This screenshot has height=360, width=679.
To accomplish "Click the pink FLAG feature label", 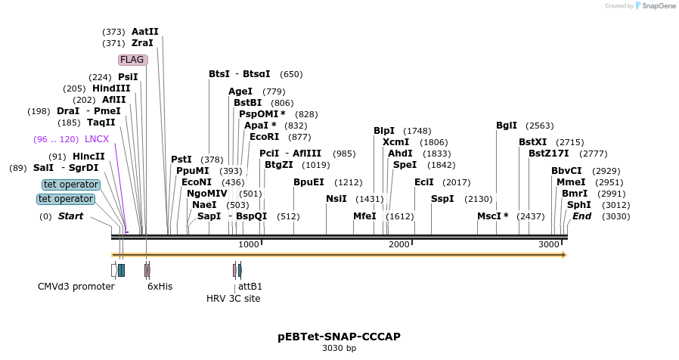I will (132, 60).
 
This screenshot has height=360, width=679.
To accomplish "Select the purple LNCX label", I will (97, 139).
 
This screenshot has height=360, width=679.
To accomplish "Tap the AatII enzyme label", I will (145, 32).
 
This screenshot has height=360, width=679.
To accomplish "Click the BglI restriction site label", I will (507, 126).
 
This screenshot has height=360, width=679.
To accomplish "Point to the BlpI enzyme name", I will (384, 131).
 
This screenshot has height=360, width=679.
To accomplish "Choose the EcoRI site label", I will (264, 137).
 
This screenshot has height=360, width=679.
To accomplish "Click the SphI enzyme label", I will (579, 205).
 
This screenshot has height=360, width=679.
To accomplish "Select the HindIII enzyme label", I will (111, 88).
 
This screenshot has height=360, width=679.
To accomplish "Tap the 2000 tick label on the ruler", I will (398, 244).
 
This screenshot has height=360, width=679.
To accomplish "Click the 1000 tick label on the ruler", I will (248, 244).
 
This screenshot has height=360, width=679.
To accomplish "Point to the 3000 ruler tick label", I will (549, 244).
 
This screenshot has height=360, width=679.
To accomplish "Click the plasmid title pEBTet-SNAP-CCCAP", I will (339, 337).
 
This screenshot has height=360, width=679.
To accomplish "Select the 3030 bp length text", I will (339, 349).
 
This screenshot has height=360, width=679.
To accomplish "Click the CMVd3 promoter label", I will (76, 287).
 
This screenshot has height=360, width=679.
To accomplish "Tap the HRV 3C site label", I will (233, 299).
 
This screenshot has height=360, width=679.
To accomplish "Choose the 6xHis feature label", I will (160, 287).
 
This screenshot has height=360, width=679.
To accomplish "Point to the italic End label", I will (581, 216).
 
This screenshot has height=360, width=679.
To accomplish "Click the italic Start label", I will (70, 216).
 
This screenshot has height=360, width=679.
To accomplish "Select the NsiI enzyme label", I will (336, 199).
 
